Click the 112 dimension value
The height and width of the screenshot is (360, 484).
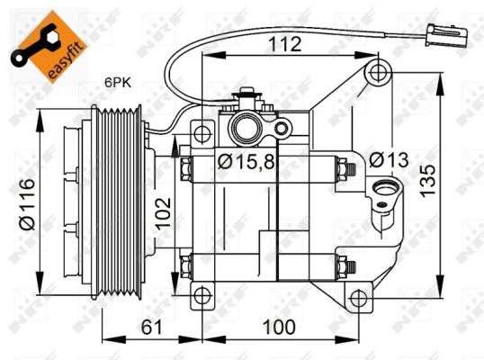click(x=285, y=44)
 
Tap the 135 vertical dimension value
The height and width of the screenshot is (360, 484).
click(x=428, y=181)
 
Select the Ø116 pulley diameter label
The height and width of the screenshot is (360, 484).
click(x=27, y=204)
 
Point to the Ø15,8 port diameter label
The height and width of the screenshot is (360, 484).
click(x=246, y=161)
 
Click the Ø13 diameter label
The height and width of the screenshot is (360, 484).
click(x=389, y=160)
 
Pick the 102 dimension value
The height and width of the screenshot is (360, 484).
click(x=163, y=213)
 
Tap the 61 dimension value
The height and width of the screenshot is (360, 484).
click(x=151, y=327)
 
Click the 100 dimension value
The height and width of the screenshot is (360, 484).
click(x=279, y=327)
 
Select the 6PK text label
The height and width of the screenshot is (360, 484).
click(x=118, y=83)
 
